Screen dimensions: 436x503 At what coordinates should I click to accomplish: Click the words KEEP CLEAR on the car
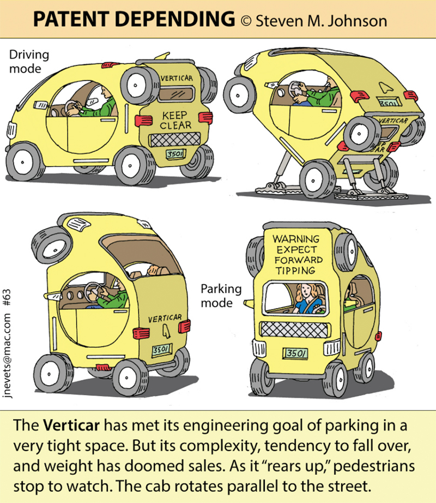point(175,120)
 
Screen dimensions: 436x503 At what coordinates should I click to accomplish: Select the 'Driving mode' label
point(29,62)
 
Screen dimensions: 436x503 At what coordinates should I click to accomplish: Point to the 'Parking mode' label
point(221,296)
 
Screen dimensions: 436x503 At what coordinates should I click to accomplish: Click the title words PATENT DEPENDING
point(134,19)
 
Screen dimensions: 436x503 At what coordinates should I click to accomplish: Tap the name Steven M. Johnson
point(322,21)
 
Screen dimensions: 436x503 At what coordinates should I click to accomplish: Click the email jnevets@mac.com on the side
point(8,356)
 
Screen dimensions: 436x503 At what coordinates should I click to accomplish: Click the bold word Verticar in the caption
point(71,426)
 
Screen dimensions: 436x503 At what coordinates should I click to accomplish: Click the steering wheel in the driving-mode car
point(71,108)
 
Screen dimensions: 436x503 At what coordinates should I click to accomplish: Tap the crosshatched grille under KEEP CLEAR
point(175,140)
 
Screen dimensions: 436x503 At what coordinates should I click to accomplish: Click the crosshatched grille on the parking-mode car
point(294,330)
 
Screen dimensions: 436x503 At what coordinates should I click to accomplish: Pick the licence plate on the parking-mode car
point(295,353)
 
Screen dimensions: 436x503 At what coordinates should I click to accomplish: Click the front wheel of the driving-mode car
point(25,162)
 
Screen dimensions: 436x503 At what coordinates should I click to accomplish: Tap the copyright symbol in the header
point(246,21)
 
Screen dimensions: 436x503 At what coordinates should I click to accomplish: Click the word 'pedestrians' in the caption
point(374,466)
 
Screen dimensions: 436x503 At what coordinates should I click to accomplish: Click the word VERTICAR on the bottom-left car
point(165,318)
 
